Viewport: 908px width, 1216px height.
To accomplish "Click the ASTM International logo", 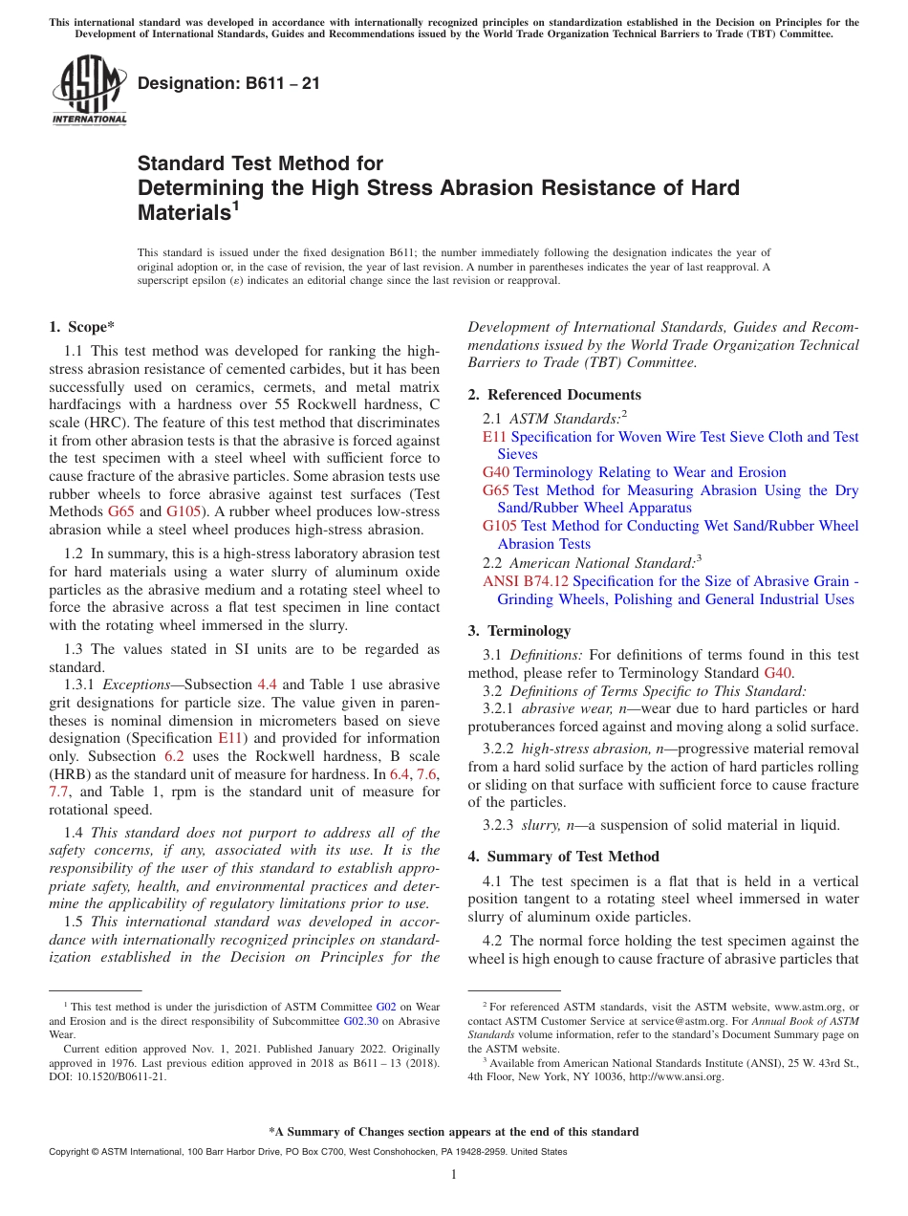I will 88,92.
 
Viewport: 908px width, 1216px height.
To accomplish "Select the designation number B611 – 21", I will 228,84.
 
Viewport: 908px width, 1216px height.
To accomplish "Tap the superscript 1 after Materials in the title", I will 236,206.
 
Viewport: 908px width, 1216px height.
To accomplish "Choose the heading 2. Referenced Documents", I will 554,395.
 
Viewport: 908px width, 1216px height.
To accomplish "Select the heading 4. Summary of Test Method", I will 563,857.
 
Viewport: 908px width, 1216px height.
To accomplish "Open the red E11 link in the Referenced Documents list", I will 494,437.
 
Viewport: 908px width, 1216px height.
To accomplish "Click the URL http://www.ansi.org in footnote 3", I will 681,1076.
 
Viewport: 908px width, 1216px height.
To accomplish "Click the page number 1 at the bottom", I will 454,1175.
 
